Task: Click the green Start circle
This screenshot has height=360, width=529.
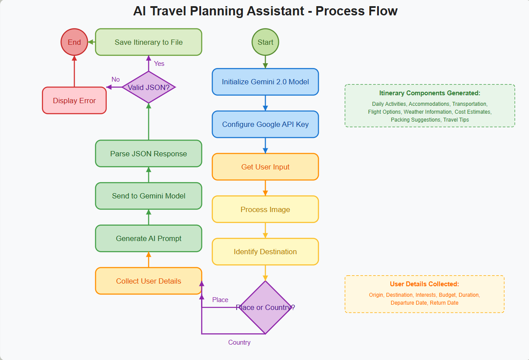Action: [265, 43]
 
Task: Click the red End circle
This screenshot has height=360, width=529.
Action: [74, 43]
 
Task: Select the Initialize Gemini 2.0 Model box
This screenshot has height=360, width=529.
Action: [265, 82]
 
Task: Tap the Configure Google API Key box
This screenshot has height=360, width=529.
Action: [265, 124]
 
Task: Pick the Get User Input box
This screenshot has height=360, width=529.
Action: [265, 167]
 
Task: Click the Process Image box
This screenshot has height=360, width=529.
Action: [265, 209]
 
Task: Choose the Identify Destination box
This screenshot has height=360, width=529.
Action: [265, 252]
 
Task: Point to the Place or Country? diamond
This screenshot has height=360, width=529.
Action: [265, 307]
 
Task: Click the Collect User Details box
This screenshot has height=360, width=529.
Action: [148, 281]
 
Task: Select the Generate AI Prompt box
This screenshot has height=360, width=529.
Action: [148, 238]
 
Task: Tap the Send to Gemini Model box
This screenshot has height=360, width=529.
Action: [148, 196]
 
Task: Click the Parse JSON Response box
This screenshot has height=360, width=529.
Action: [148, 154]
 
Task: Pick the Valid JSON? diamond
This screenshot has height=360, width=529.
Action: [148, 87]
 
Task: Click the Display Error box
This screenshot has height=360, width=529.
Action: [74, 101]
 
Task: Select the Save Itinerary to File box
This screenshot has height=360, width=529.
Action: [148, 42]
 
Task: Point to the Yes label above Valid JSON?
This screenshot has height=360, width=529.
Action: [159, 64]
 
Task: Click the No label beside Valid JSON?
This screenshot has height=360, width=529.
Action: [115, 79]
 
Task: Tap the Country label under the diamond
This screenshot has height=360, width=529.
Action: [239, 342]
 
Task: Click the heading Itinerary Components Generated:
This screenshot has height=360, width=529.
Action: [429, 93]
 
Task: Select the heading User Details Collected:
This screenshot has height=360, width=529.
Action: [424, 284]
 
